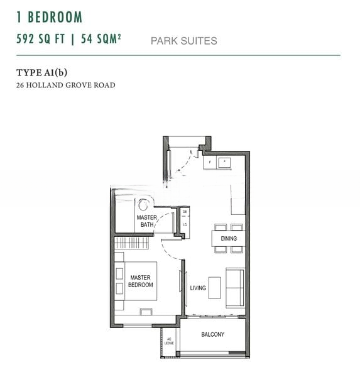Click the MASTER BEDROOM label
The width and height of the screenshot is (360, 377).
[141, 281]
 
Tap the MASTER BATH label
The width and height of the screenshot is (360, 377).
[146, 221]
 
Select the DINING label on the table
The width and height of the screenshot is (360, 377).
[228, 239]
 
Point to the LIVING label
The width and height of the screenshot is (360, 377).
[198, 288]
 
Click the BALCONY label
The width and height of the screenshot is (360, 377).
[212, 334]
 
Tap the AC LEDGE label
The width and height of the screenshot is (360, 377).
[169, 342]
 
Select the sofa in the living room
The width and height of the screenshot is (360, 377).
[235, 287]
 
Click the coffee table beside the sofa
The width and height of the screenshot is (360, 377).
[215, 287]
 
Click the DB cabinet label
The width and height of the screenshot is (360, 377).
[185, 212]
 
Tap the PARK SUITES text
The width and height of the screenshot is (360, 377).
[183, 41]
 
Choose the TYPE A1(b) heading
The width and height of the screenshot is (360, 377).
[45, 72]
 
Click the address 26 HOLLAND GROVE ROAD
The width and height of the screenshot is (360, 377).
[65, 85]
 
